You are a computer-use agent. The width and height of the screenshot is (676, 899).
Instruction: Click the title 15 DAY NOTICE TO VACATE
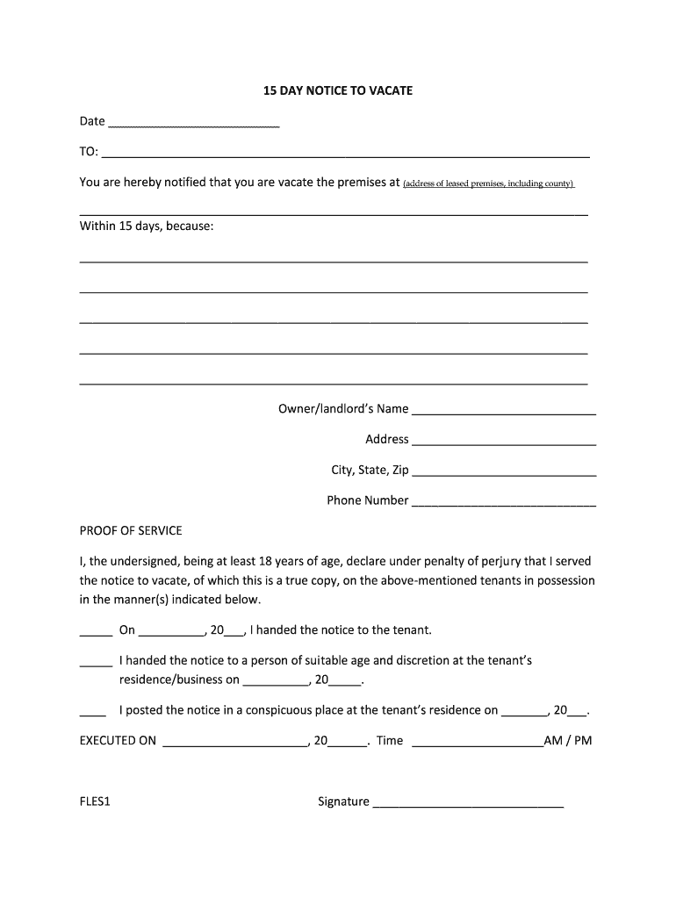(x=338, y=90)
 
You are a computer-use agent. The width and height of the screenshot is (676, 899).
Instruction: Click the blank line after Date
(x=193, y=124)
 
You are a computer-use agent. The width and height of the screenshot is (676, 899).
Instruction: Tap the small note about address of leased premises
(x=488, y=183)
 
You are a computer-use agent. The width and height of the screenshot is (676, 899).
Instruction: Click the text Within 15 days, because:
(x=147, y=226)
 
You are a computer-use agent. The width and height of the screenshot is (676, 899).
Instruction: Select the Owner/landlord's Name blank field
(x=504, y=411)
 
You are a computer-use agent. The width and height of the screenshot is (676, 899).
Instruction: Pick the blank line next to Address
(x=504, y=442)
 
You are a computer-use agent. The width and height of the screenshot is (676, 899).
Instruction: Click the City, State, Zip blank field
(x=504, y=472)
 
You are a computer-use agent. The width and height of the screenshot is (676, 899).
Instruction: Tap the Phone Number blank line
(x=504, y=503)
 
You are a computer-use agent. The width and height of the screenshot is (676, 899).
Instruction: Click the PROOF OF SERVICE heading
(x=131, y=530)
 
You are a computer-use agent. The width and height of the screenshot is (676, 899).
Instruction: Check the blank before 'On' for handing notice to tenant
(x=96, y=632)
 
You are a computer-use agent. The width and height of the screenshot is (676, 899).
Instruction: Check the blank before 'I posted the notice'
(x=93, y=712)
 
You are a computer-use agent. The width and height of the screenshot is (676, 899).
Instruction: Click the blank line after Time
(x=477, y=743)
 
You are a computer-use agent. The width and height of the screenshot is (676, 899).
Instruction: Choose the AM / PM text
(x=568, y=740)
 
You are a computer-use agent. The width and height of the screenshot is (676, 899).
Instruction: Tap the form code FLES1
(x=95, y=802)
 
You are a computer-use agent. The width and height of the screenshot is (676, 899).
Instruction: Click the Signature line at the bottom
(x=468, y=804)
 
